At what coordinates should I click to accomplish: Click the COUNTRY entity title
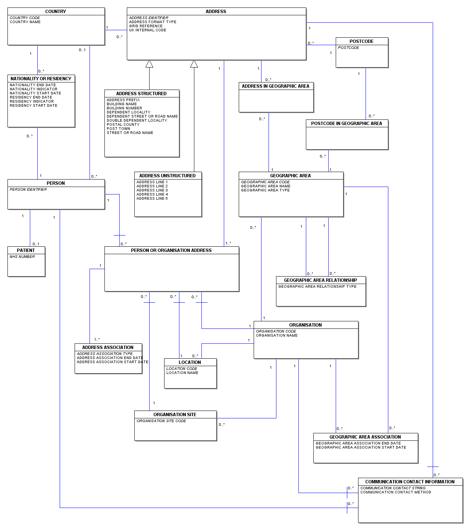coord(56,12)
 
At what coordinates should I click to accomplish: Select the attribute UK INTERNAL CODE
coord(147,30)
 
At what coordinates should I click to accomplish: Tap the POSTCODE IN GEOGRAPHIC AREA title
coord(347,124)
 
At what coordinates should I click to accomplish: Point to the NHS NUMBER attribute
coord(22,257)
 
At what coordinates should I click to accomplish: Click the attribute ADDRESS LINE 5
coord(152,199)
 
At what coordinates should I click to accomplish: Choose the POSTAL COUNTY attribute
coord(123,125)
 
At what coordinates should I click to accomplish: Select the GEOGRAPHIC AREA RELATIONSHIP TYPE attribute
coord(317,286)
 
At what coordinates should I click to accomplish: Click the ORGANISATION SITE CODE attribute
coord(161,421)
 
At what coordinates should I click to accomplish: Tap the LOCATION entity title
coord(190,362)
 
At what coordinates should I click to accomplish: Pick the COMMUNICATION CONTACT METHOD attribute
coord(395,492)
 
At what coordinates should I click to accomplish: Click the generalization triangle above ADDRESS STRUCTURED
coord(149,64)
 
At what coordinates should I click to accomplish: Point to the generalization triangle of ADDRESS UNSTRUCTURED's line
coord(194,64)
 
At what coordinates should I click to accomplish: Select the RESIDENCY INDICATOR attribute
coord(32,102)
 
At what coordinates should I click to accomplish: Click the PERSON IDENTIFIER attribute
coord(28,189)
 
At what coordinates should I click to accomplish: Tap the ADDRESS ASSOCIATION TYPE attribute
coord(104,354)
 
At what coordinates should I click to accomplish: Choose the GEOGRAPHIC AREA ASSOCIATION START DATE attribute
coord(361,448)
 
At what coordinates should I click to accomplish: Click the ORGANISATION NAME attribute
coord(276,336)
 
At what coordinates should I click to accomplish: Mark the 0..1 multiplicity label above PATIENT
coord(36,244)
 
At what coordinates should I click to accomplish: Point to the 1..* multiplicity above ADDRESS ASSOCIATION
coord(97,340)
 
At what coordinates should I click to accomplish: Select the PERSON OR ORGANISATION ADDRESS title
coord(171,250)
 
